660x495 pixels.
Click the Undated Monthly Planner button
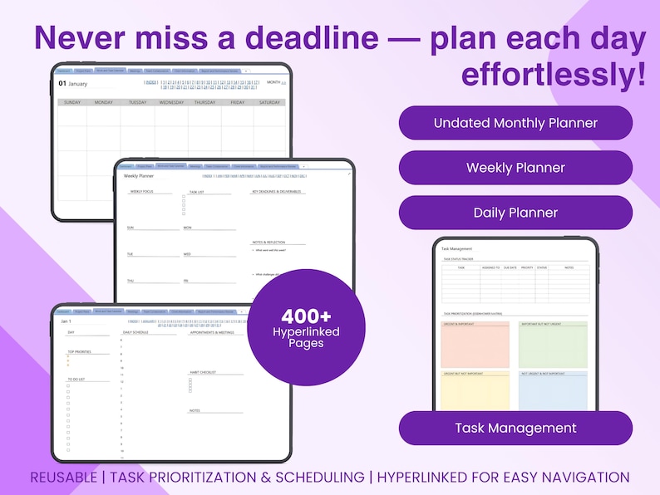coord(515,123)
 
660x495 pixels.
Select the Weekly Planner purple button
coord(515,168)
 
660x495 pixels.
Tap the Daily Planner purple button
coord(515,213)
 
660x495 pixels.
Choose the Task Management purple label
coord(515,429)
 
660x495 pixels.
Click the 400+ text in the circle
coord(306,316)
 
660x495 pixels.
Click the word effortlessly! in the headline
coord(553,75)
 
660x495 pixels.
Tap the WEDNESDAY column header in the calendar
coord(171,103)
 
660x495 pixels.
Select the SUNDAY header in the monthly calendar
coord(72,103)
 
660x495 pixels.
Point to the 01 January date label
coord(73,84)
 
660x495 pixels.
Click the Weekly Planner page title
coord(140,176)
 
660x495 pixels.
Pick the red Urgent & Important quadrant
coord(475,346)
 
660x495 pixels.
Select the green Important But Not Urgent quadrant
coord(554,346)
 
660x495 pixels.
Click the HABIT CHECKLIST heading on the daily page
coord(203,373)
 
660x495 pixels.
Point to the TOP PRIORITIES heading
coord(79,351)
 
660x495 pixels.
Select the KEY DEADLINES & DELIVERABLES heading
coord(278,192)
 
